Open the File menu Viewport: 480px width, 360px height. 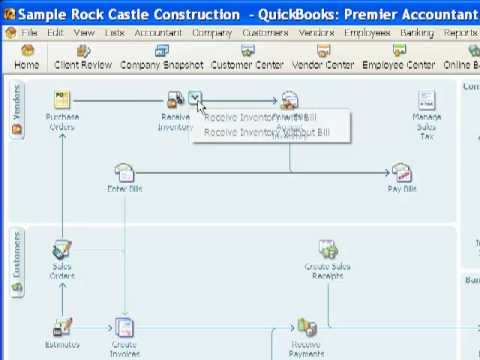29,33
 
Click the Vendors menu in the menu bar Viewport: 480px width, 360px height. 316,33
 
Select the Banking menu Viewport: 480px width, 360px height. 416,33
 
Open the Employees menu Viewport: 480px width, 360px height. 367,33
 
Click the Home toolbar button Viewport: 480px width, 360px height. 27,57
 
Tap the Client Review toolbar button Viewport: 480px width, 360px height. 83,57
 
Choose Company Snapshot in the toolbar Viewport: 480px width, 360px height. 161,57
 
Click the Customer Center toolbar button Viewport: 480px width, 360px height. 247,57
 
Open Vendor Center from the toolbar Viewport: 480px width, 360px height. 322,57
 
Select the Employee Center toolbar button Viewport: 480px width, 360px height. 398,57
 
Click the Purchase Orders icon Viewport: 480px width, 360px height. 62,104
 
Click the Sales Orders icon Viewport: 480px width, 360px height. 62,252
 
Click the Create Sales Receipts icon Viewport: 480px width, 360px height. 327,252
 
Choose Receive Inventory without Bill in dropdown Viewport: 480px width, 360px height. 260,132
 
